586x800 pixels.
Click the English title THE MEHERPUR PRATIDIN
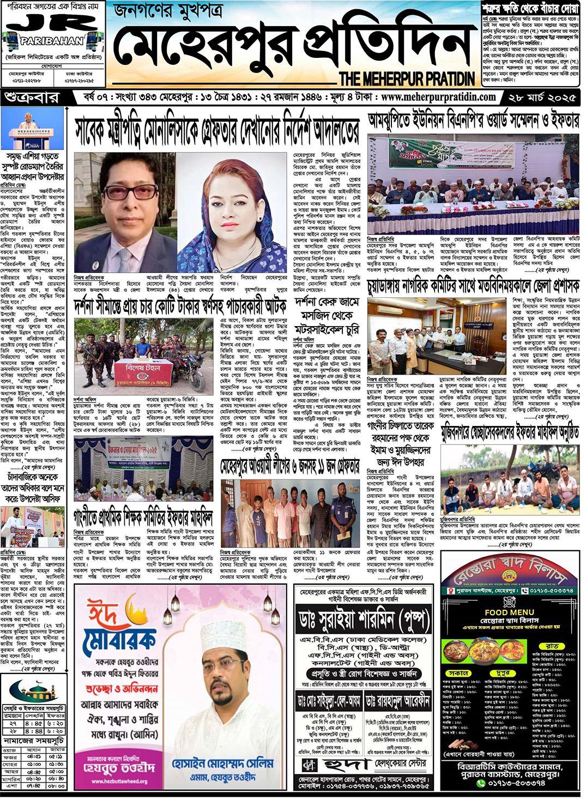407,79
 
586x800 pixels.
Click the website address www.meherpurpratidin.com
438,97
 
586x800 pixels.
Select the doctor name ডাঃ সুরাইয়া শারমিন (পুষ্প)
364,619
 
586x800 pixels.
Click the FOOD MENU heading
509,612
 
